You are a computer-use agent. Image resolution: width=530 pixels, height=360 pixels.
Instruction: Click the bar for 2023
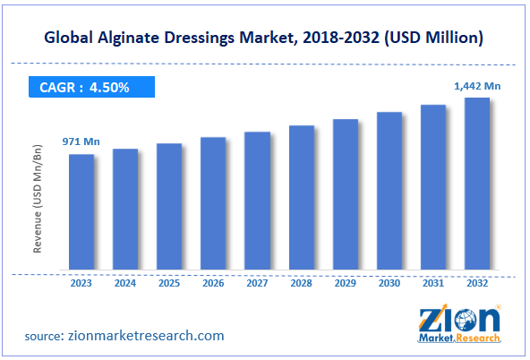click(81, 211)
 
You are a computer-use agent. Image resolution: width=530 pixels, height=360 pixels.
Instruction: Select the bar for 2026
click(213, 203)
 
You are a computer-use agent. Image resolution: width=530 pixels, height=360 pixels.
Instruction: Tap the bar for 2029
click(345, 194)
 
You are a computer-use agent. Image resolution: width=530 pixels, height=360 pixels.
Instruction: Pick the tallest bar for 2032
click(476, 184)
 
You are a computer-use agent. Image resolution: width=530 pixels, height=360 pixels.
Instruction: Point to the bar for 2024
click(125, 209)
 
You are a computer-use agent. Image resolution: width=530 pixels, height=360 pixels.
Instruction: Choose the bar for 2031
click(432, 187)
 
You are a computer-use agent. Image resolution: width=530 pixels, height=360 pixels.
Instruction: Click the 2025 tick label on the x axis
click(169, 284)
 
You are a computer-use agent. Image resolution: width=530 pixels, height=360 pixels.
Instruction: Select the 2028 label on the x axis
click(301, 284)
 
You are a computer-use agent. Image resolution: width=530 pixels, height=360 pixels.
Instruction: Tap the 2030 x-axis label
click(389, 284)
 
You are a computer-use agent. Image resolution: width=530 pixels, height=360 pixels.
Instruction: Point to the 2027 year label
click(257, 284)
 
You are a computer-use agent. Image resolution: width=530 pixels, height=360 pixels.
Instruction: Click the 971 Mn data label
click(80, 141)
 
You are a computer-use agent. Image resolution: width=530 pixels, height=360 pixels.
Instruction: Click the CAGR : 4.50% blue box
click(90, 88)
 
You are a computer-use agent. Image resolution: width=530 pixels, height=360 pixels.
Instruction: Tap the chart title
click(265, 38)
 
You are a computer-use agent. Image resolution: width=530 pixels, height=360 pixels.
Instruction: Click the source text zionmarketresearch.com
click(124, 336)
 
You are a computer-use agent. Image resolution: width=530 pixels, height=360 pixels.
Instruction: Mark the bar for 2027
click(257, 201)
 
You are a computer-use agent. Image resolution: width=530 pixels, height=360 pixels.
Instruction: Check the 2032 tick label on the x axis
click(476, 284)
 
